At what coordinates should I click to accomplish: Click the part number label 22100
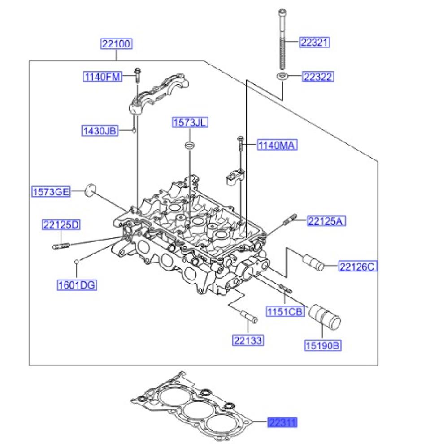116,44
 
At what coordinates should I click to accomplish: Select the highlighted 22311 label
282,422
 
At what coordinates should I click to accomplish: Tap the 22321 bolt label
315,43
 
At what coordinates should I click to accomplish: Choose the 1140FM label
102,77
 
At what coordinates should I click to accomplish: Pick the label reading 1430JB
99,131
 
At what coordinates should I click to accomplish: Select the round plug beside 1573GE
91,190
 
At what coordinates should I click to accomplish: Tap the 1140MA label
277,145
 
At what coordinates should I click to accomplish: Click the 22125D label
61,225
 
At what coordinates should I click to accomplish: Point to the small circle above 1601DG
77,261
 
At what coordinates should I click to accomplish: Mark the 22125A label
326,221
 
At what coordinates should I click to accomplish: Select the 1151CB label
286,311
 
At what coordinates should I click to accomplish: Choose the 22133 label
248,340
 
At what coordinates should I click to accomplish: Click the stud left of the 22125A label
289,220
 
